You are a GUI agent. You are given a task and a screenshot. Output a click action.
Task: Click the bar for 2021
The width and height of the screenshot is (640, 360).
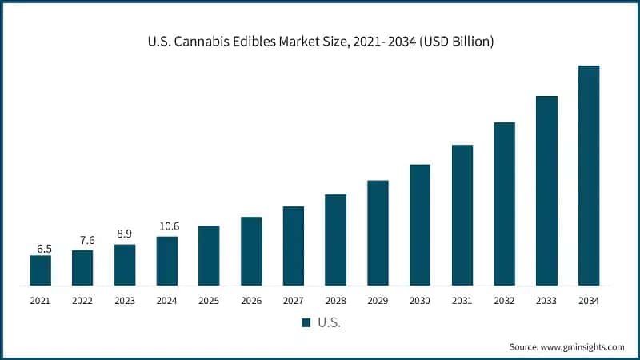(40, 270)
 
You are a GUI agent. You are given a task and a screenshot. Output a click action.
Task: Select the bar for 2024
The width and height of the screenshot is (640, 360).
(167, 261)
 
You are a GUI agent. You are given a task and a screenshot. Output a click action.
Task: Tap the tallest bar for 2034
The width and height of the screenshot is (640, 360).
(589, 175)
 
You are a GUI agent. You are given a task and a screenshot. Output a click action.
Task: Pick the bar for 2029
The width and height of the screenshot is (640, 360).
(378, 233)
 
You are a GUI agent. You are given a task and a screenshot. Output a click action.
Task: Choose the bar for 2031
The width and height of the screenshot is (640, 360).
(462, 215)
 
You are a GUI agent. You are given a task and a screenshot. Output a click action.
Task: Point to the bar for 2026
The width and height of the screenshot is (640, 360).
(251, 251)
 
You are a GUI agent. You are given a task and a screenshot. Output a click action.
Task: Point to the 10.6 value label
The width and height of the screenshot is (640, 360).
(167, 226)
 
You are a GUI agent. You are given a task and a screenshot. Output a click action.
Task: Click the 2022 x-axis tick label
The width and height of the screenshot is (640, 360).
(82, 301)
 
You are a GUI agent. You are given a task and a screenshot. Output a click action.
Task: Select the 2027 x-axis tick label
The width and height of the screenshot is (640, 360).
(294, 301)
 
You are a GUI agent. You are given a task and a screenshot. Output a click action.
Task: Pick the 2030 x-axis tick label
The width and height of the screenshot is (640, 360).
(420, 301)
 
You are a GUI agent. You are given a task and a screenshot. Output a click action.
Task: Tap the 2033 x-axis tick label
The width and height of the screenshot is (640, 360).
(546, 301)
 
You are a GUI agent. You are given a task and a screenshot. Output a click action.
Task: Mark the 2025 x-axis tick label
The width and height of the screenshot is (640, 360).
(209, 301)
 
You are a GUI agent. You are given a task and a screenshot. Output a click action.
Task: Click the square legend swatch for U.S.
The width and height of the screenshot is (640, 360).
(306, 322)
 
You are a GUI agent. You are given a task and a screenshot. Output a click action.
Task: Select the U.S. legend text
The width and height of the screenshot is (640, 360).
(328, 322)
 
